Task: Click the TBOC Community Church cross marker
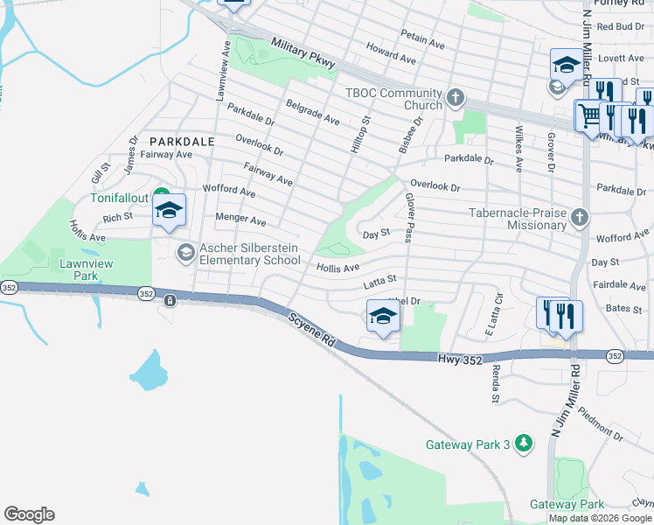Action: coord(455,98)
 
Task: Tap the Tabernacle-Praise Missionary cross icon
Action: coord(577,217)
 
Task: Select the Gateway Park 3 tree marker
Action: coord(523,444)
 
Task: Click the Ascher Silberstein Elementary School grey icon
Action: coord(185,254)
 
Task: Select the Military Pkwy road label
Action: coord(303,53)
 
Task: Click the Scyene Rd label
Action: coord(312,329)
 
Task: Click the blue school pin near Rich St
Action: coord(169,210)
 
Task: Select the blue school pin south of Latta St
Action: coord(382,317)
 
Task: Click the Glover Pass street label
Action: coord(407,213)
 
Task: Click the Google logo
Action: coord(29,514)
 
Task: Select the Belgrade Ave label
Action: coord(313,110)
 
